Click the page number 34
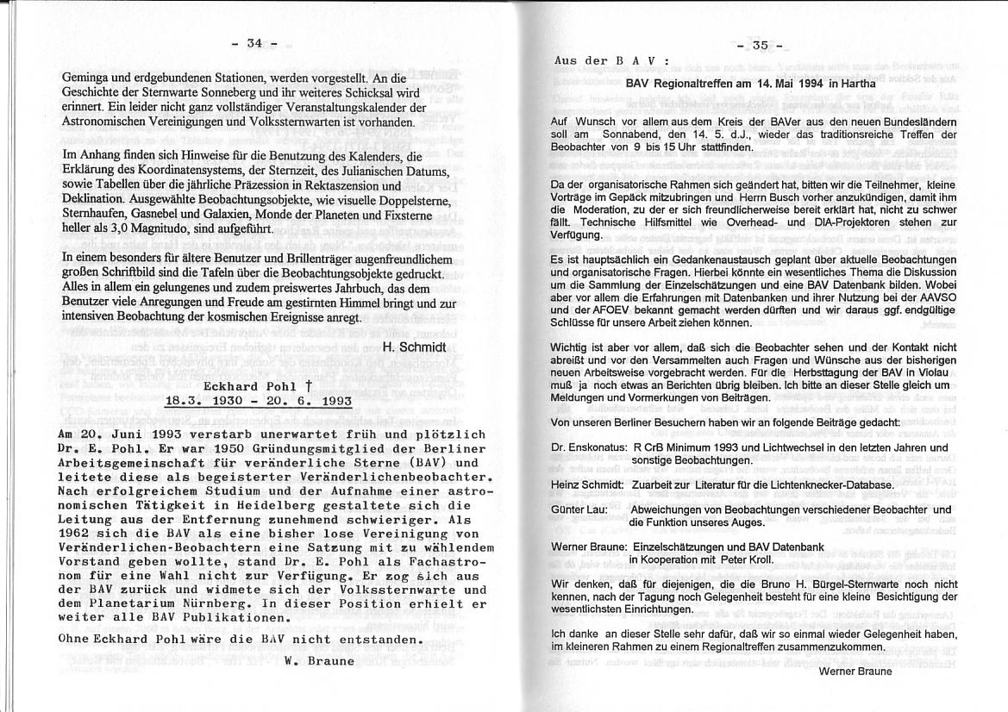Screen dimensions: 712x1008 (x=254, y=43)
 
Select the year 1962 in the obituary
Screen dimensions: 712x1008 (x=74, y=534)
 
